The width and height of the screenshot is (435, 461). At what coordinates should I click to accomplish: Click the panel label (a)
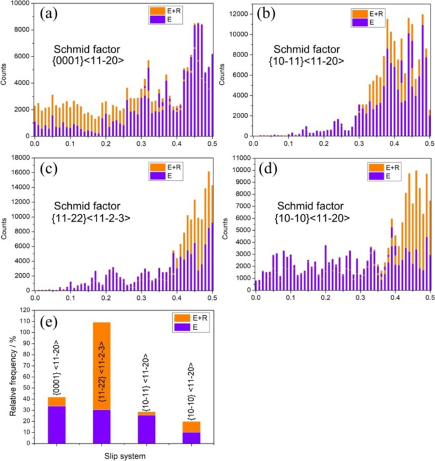pyautogui.click(x=50, y=13)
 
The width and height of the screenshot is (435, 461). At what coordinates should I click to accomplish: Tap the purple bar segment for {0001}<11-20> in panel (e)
pyautogui.click(x=57, y=424)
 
